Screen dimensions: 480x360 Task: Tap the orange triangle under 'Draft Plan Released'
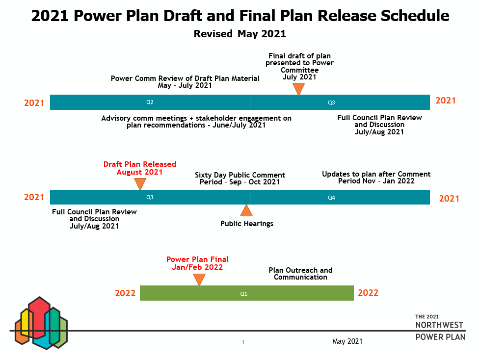140,184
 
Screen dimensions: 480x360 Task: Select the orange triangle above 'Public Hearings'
246,210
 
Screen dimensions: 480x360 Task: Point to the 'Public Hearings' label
247,224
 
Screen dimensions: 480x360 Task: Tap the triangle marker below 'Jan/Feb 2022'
199,280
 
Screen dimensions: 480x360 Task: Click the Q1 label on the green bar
243,294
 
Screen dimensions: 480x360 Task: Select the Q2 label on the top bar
150,102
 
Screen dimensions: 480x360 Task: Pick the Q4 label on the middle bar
331,198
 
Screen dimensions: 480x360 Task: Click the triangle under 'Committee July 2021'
298,89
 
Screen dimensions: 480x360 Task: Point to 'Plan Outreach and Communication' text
300,274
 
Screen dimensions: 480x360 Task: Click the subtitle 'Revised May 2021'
240,34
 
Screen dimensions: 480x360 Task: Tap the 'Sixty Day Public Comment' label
240,175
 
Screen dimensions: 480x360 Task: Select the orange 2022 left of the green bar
125,293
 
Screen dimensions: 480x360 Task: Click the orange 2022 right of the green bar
368,293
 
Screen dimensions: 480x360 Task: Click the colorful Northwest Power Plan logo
41,323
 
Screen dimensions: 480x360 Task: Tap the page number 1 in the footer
243,342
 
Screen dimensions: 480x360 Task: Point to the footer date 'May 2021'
347,341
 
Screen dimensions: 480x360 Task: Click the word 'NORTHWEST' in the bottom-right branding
439,325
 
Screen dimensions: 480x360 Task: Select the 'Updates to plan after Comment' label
376,174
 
